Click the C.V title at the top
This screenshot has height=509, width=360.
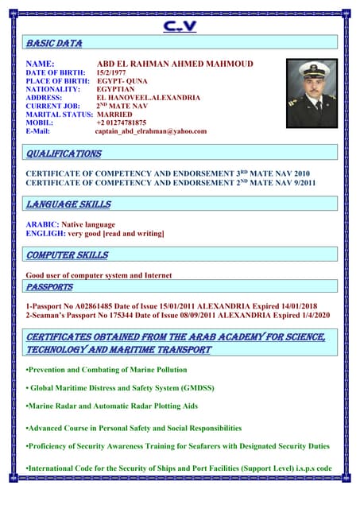180,27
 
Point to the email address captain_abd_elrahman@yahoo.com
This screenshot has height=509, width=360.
151,132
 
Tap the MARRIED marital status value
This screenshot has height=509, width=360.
114,115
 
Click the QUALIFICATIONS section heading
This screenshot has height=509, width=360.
64,153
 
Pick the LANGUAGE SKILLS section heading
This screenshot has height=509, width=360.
68,204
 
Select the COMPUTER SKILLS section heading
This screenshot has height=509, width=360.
67,255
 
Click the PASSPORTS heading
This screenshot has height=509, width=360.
49,286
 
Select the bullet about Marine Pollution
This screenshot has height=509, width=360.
107,370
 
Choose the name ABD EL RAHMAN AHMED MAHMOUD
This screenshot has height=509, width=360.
175,63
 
